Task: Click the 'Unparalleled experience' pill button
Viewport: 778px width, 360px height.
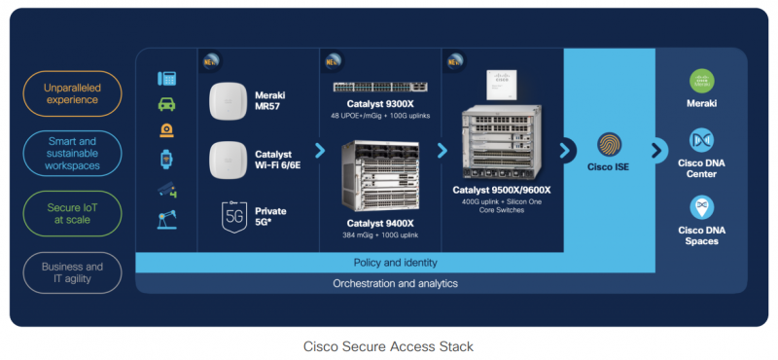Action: pos(72,92)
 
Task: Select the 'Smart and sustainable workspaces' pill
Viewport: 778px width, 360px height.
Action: pos(72,153)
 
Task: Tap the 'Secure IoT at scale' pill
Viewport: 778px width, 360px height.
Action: pos(72,212)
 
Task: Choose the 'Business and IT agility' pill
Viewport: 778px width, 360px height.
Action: pos(72,272)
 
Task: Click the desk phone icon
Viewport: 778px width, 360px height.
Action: pos(166,79)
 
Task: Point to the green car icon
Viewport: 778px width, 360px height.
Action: pos(166,104)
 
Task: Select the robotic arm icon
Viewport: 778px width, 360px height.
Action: pos(166,220)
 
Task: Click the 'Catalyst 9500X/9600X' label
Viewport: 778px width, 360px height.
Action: pos(501,190)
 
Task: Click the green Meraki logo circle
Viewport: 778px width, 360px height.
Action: pos(702,82)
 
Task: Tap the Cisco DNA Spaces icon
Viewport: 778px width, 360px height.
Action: pos(702,207)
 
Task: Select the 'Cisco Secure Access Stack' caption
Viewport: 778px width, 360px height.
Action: pos(388,345)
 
